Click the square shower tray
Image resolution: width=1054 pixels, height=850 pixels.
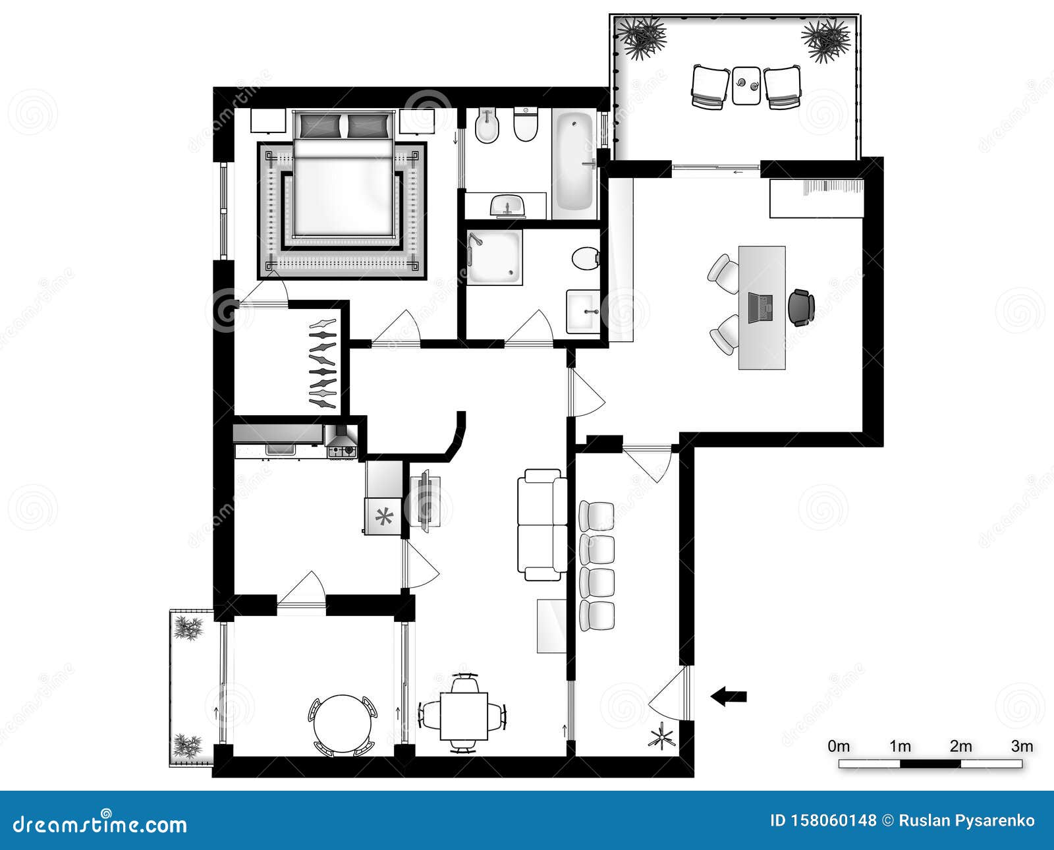[494, 257]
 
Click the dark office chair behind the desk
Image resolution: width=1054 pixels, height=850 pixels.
[801, 307]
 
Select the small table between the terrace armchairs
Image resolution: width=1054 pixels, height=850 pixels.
[747, 85]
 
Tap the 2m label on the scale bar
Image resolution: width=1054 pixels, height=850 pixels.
[960, 747]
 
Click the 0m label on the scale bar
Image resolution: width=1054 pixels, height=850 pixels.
[839, 747]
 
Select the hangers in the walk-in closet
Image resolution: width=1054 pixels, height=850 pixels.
[323, 361]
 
